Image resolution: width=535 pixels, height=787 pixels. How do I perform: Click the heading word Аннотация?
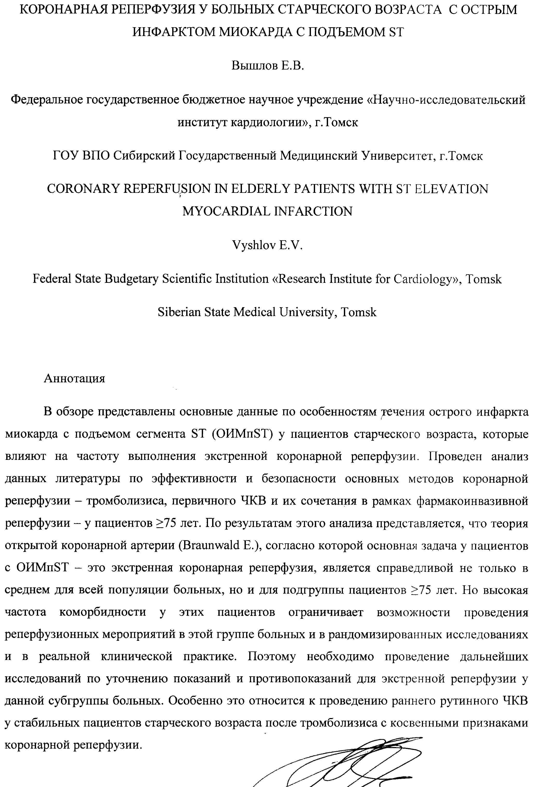[74, 378]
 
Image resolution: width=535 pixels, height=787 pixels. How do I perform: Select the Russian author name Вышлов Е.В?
[268, 65]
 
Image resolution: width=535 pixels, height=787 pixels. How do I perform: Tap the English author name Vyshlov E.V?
[267, 245]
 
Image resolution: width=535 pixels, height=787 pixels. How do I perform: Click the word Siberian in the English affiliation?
[179, 312]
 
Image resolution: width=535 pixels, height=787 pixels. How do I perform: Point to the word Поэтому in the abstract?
[272, 657]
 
